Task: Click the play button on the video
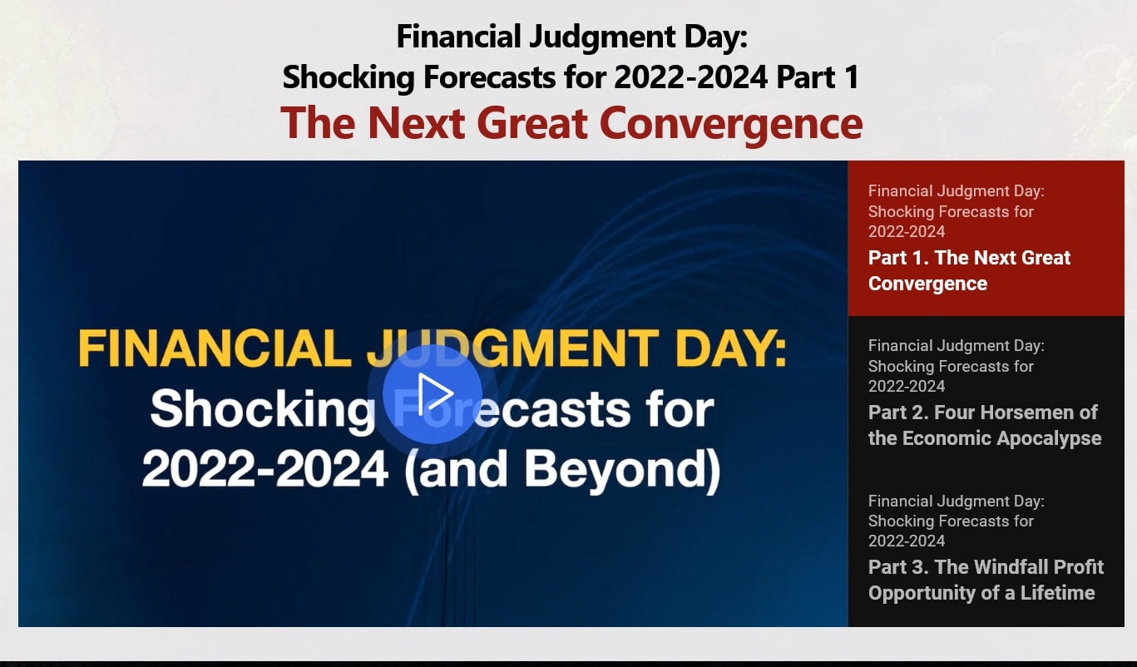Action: [433, 394]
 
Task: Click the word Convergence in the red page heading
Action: [730, 122]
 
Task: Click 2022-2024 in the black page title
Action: [690, 77]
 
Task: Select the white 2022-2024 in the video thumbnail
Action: [265, 470]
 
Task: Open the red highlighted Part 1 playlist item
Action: [969, 270]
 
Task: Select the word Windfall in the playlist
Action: [1016, 567]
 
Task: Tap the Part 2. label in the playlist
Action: [898, 413]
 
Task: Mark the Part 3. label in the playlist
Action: [898, 567]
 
